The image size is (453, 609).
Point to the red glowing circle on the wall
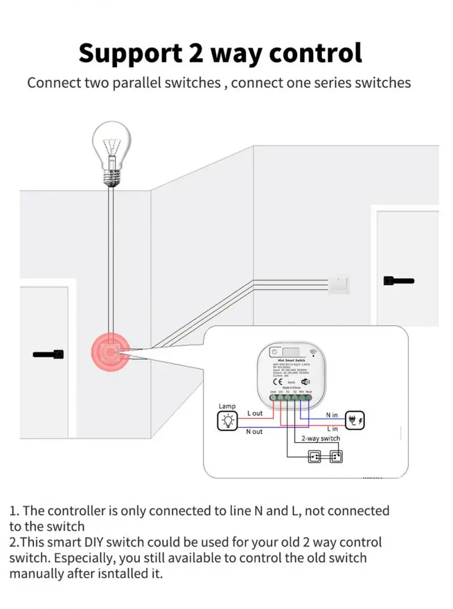pyautogui.click(x=111, y=352)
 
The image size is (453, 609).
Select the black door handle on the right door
pyautogui.click(x=399, y=280)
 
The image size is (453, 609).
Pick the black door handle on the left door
pyautogui.click(x=49, y=355)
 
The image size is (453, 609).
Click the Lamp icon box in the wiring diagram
pyautogui.click(x=228, y=421)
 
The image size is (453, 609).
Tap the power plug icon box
pyautogui.click(x=356, y=420)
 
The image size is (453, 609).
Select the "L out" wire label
pyautogui.click(x=255, y=413)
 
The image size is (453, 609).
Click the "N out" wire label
pyautogui.click(x=254, y=432)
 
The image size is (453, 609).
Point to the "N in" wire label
pyautogui.click(x=332, y=415)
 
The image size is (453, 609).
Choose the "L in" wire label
pyautogui.click(x=332, y=429)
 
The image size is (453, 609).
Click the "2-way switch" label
pyautogui.click(x=320, y=438)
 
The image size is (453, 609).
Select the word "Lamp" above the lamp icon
pyautogui.click(x=227, y=406)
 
